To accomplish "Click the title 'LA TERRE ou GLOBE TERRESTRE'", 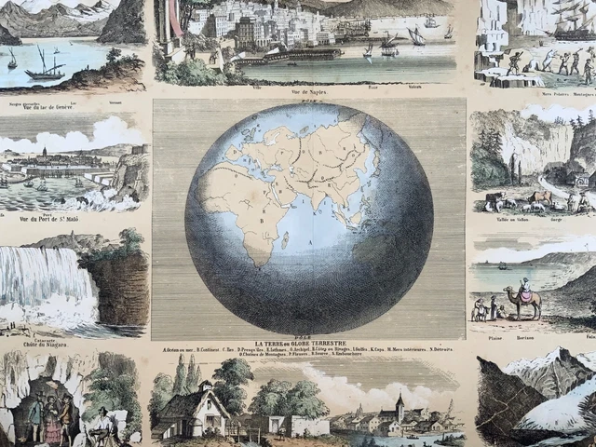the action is [x=308, y=345].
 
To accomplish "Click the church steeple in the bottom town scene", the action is [x=400, y=407].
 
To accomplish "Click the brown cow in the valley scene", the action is [x=539, y=197].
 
